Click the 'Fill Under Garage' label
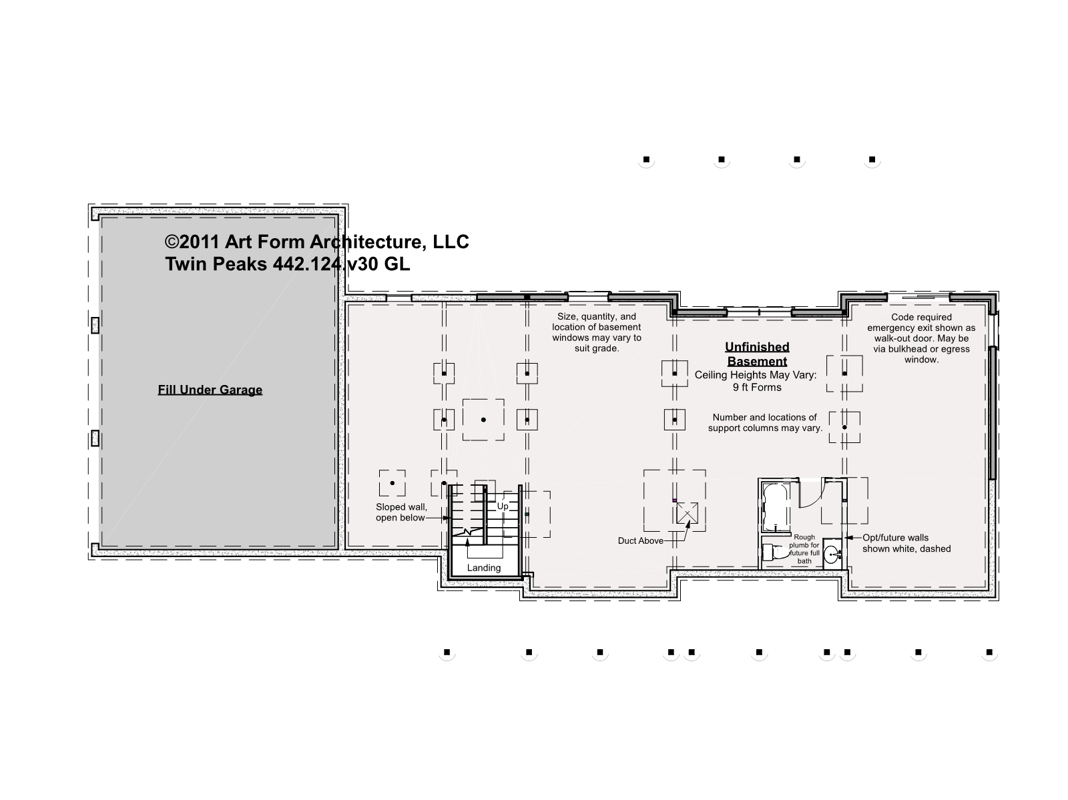pyautogui.click(x=210, y=390)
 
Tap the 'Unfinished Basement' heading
pyautogui.click(x=757, y=354)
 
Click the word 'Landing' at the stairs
pyautogui.click(x=484, y=568)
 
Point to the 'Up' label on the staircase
pyautogui.click(x=503, y=506)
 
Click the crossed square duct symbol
pyautogui.click(x=687, y=513)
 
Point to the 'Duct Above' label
pyautogui.click(x=640, y=541)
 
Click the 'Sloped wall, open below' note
pyautogui.click(x=401, y=512)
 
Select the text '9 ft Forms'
pyautogui.click(x=757, y=388)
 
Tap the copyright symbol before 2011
pyautogui.click(x=172, y=242)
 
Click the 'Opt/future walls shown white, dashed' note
pyautogui.click(x=906, y=543)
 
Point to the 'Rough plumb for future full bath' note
pyautogui.click(x=804, y=549)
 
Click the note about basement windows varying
pyautogui.click(x=597, y=332)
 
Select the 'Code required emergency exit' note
pyautogui.click(x=921, y=338)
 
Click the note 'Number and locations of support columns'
pyautogui.click(x=765, y=422)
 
